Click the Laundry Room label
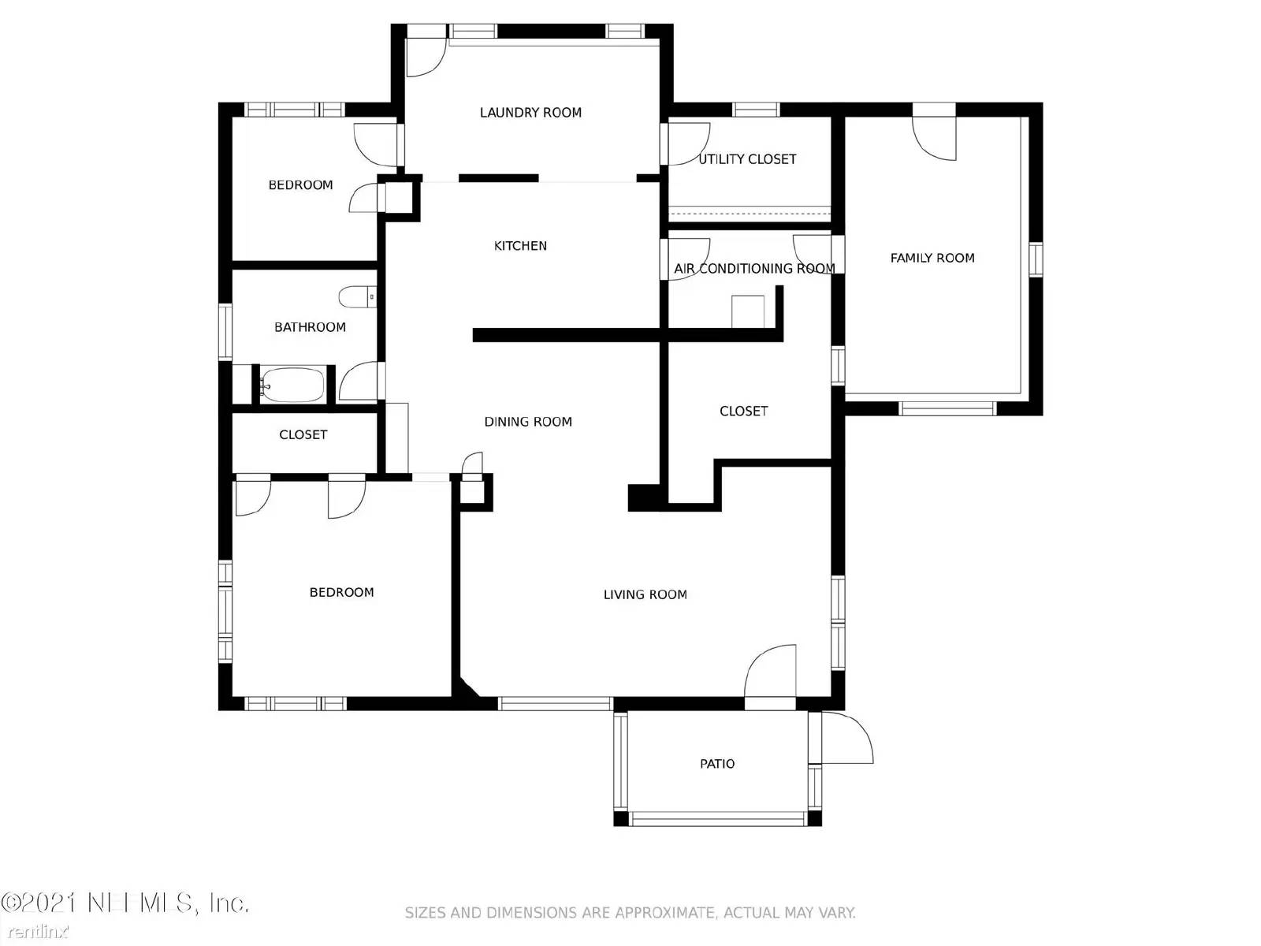click(530, 113)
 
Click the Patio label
click(717, 764)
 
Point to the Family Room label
click(932, 258)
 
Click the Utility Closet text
click(747, 159)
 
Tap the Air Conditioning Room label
click(754, 269)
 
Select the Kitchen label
click(520, 246)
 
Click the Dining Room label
click(528, 422)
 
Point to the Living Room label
click(645, 595)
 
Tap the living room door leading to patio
click(770, 672)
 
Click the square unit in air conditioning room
click(747, 311)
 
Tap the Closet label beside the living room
click(743, 412)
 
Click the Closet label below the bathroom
click(303, 435)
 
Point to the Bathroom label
click(310, 327)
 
